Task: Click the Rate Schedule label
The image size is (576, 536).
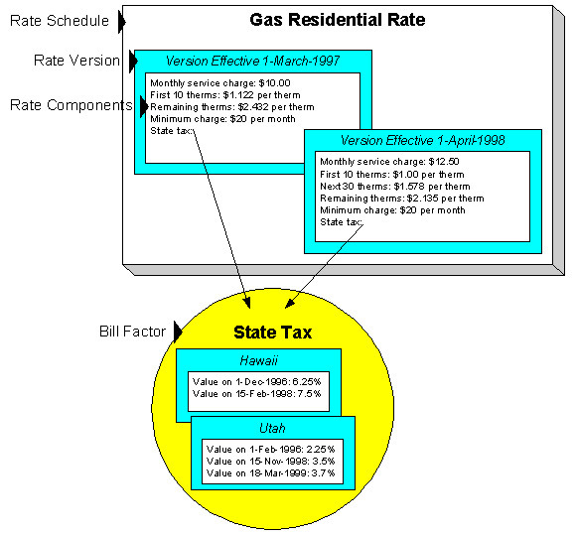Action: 59,19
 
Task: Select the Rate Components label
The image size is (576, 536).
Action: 70,104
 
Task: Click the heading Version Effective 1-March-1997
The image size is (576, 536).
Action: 252,62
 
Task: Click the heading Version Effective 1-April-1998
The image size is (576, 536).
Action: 422,140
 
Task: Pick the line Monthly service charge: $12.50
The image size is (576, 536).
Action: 381,161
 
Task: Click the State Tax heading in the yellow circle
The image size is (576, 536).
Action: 272,333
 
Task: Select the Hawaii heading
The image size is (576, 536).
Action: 257,361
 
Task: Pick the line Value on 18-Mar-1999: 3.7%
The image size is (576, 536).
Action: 271,472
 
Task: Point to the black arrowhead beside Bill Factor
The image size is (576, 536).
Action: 178,331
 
